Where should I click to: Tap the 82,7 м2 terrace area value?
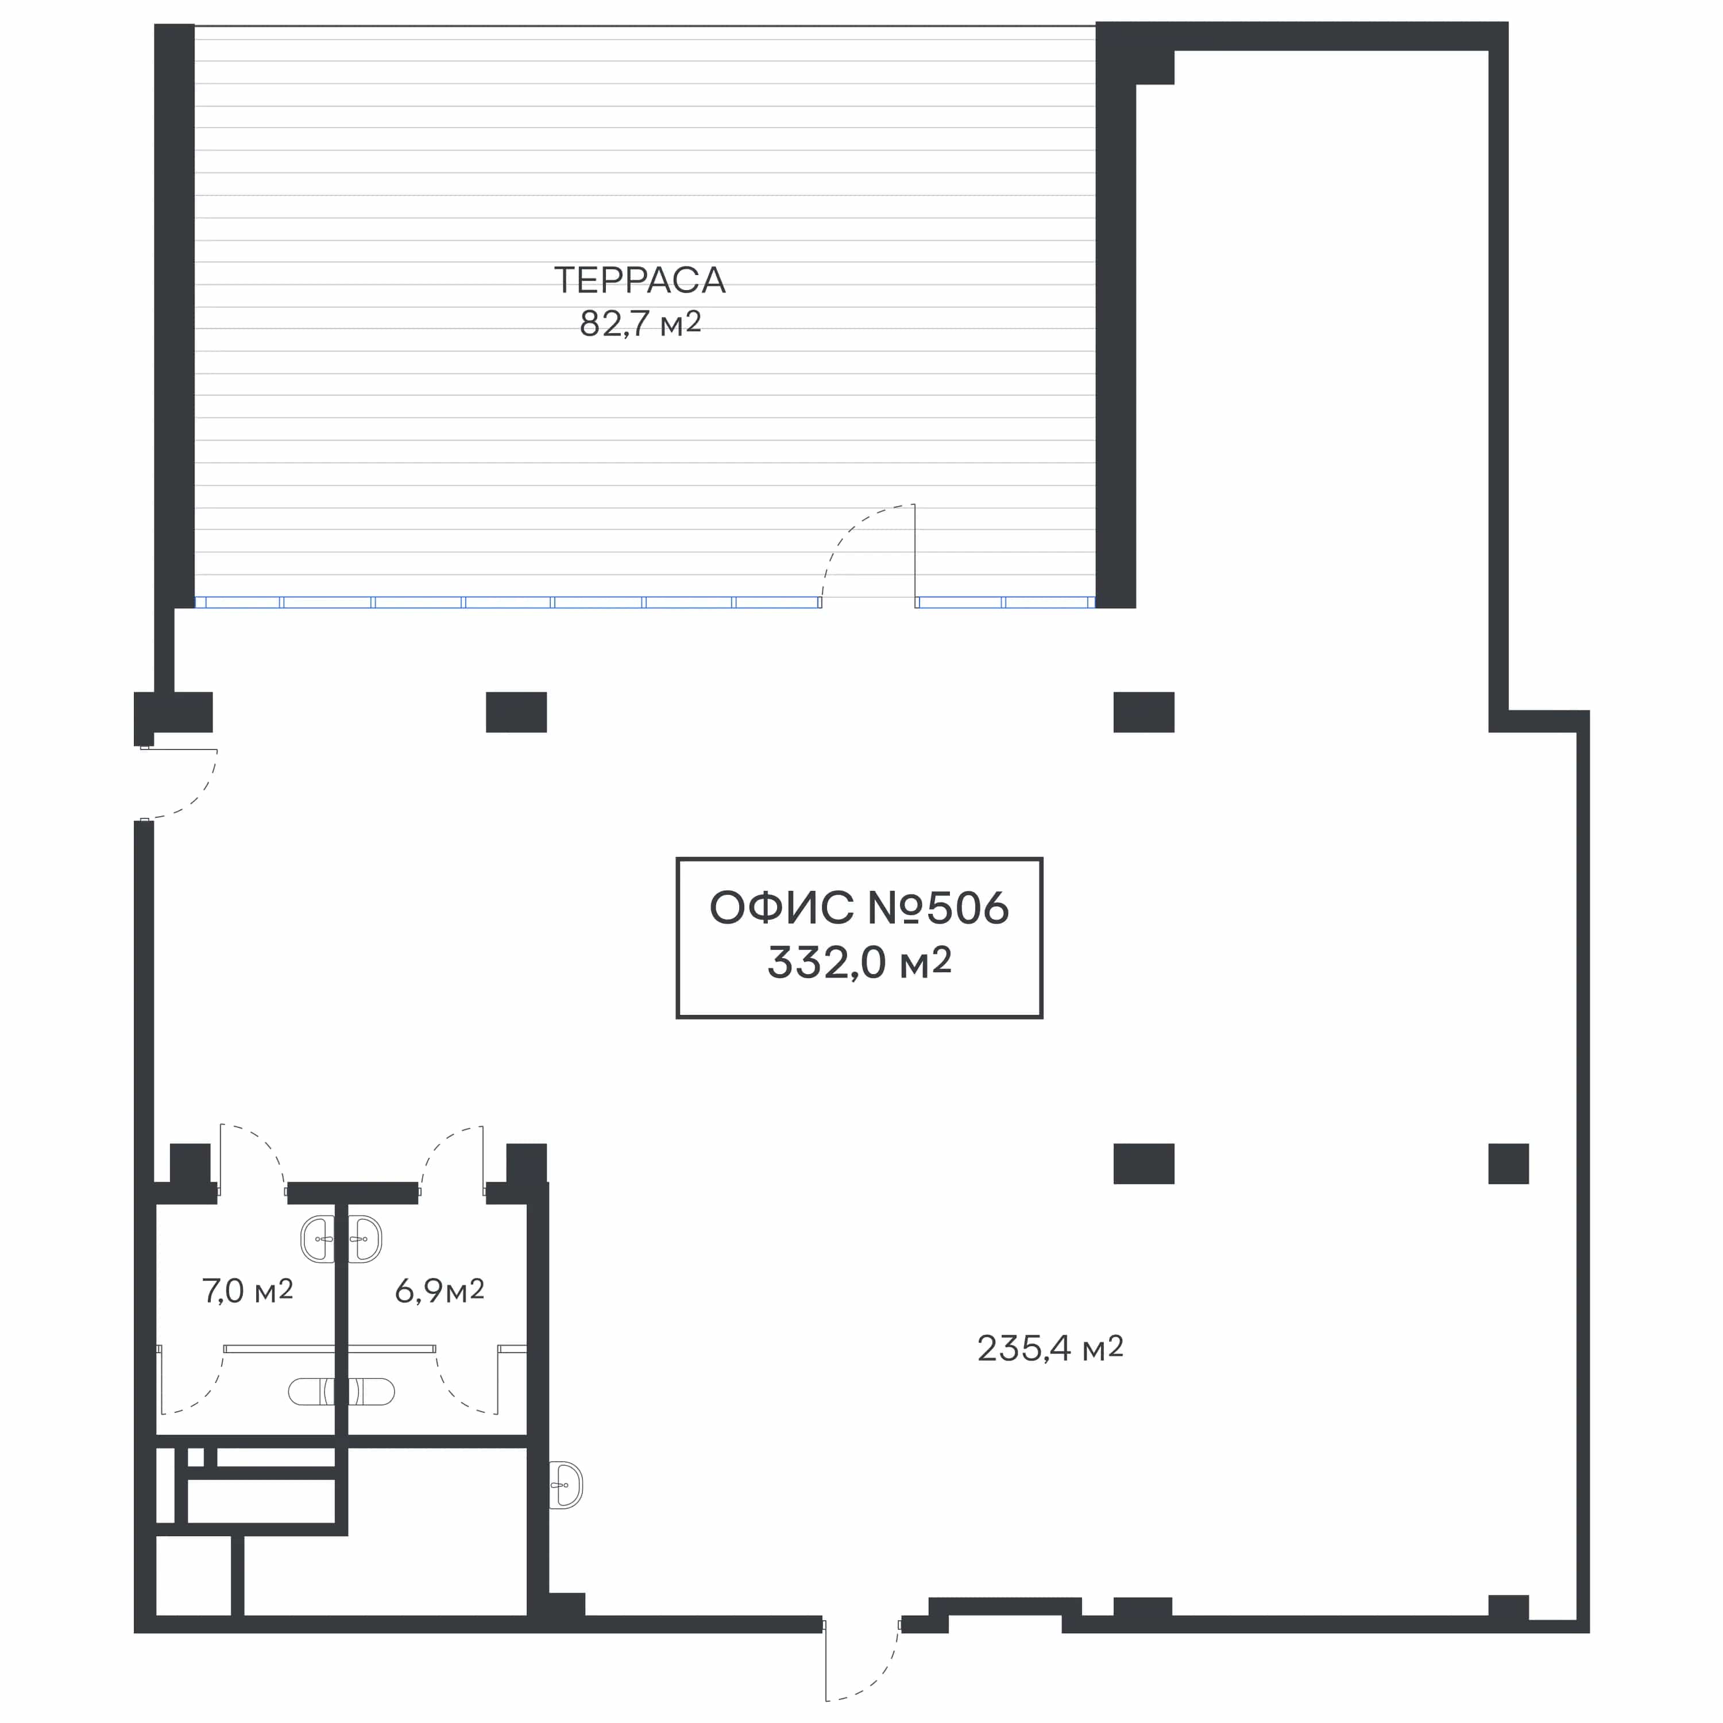coord(640,323)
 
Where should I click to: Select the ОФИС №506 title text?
coord(860,908)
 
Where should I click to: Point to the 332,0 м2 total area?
coord(860,962)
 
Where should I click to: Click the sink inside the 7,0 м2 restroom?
coord(318,1239)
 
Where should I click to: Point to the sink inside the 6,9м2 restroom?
coord(365,1239)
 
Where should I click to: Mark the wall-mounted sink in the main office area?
coord(565,1485)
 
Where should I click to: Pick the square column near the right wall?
coord(1509,1164)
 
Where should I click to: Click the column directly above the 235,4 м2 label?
coord(1144,1164)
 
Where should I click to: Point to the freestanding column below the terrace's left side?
coord(516,713)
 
